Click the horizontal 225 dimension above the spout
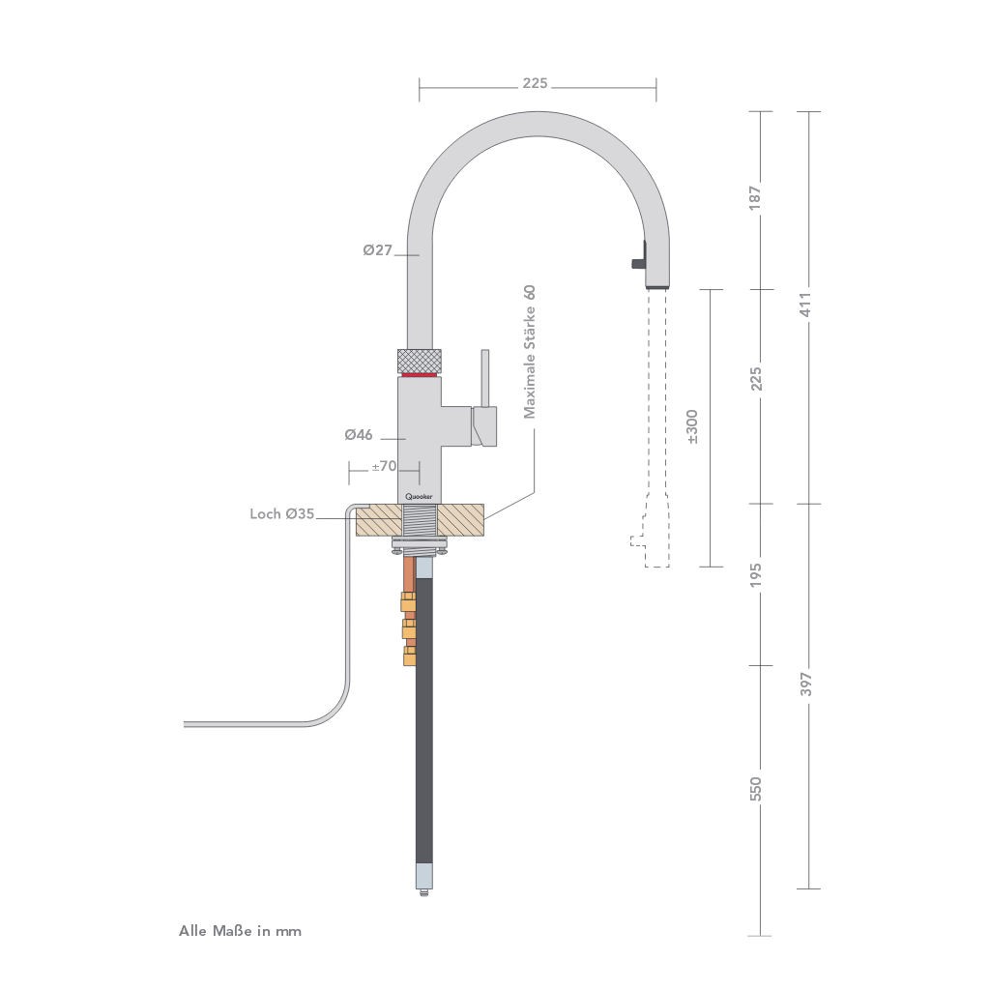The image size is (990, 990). (x=535, y=83)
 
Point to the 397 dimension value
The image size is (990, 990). (x=806, y=684)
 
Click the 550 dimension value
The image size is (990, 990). (x=756, y=788)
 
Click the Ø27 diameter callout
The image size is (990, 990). (x=378, y=250)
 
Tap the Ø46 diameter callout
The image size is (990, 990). (x=359, y=435)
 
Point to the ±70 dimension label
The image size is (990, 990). (x=384, y=466)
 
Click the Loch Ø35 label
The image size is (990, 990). (x=281, y=514)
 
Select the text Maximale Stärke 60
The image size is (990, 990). (x=529, y=352)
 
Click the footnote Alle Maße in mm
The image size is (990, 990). (x=240, y=931)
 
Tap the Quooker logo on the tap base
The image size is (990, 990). (x=420, y=494)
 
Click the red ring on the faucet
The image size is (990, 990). (x=420, y=375)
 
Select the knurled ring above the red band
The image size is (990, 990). (x=420, y=359)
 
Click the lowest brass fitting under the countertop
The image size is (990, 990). (x=408, y=656)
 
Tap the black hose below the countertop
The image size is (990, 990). (x=424, y=735)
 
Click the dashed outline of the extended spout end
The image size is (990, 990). (x=654, y=541)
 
